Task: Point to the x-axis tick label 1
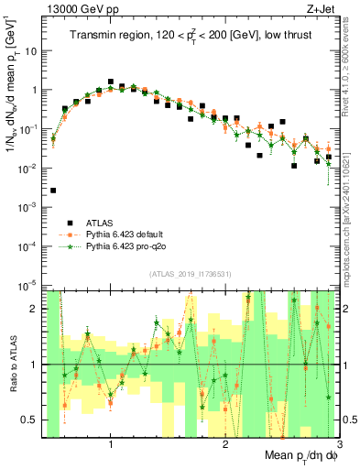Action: (x=111, y=445)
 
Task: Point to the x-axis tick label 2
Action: (x=225, y=445)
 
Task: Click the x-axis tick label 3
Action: (x=339, y=445)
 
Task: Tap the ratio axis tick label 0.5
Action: (x=31, y=420)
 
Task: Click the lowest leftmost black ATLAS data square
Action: (x=53, y=191)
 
